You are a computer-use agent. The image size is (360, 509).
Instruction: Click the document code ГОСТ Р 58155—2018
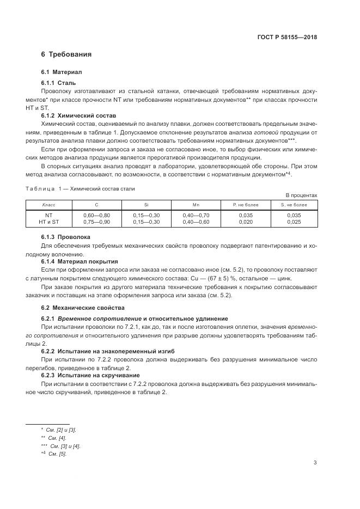[287, 38]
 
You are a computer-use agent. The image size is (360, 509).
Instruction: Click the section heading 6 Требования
[66, 54]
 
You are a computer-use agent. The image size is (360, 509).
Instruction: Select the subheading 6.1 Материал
[61, 72]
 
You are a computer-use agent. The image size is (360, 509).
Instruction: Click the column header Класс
[49, 205]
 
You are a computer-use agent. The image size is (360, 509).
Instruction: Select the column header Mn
[196, 205]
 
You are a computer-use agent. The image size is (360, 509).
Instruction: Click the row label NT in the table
[49, 216]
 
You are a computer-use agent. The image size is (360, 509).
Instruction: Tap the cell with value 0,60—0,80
[96, 216]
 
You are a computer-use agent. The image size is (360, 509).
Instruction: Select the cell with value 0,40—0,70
[196, 216]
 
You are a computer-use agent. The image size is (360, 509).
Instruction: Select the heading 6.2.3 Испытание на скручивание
[90, 376]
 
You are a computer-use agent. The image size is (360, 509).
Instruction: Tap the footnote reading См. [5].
[57, 454]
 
